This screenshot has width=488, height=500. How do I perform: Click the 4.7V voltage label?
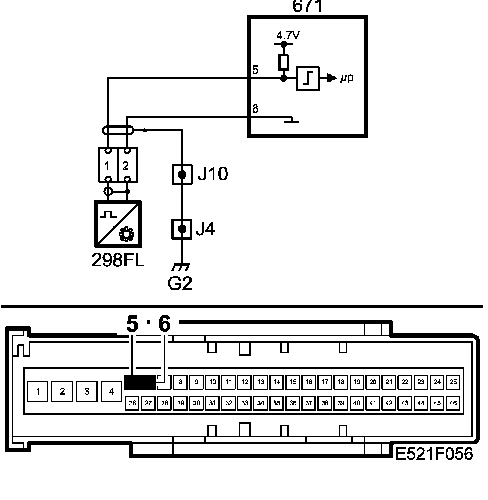point(288,36)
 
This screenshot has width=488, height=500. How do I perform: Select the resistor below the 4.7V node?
point(283,62)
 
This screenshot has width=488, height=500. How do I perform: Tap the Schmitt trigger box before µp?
point(308,78)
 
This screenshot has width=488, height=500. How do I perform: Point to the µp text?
point(347,78)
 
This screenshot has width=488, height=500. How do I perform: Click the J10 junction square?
point(182,175)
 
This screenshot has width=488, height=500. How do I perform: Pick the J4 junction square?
point(182,229)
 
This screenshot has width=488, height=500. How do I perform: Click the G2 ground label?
point(180,283)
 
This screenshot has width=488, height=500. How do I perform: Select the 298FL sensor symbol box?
point(118,224)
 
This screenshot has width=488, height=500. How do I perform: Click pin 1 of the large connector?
point(38,391)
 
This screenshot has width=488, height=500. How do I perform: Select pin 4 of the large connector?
point(111,391)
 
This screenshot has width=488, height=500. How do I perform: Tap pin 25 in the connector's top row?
point(453,382)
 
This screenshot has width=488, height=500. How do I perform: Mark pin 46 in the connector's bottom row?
point(453,403)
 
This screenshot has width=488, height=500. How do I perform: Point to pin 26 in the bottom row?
point(132,403)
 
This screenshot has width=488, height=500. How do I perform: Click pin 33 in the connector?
point(245,403)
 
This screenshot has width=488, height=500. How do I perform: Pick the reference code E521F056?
point(434,454)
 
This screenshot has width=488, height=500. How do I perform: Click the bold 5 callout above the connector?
point(132,324)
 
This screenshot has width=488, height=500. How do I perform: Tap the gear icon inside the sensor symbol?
point(126,234)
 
